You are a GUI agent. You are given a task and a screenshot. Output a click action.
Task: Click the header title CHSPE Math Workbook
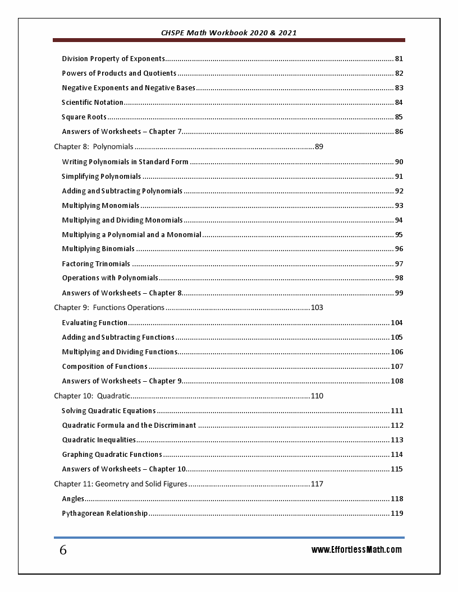coord(228,33)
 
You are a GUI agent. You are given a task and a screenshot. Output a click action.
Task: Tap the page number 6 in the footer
coord(63,551)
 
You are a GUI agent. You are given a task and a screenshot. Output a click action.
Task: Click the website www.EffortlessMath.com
coord(356,550)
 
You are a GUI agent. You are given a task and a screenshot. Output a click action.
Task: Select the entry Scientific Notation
coord(93,103)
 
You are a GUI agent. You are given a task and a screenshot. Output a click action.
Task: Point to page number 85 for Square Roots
coord(399,117)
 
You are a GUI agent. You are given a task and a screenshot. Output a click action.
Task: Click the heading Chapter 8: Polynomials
coord(94,147)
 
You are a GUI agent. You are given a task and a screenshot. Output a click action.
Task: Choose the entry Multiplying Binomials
coord(98,249)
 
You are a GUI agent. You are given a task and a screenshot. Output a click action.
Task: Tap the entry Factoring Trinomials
coord(96,264)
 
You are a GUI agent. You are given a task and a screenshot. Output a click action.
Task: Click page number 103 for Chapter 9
coord(317,308)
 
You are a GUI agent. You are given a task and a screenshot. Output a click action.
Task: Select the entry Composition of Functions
coord(104,367)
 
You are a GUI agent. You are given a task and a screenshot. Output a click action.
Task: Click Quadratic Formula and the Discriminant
coord(129,425)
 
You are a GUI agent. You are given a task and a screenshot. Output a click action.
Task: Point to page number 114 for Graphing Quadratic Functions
coord(397,455)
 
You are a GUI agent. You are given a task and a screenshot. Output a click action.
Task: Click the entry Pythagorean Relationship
coord(105,514)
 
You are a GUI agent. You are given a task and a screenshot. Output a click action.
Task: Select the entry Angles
coord(73,499)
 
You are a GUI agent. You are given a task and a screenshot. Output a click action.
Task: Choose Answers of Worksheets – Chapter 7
coord(122,132)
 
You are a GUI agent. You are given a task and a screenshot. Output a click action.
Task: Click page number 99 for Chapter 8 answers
coord(399,293)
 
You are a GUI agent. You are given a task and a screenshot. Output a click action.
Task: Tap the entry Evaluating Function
coord(95,323)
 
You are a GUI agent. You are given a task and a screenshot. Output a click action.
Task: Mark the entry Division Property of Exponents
coord(113,59)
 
